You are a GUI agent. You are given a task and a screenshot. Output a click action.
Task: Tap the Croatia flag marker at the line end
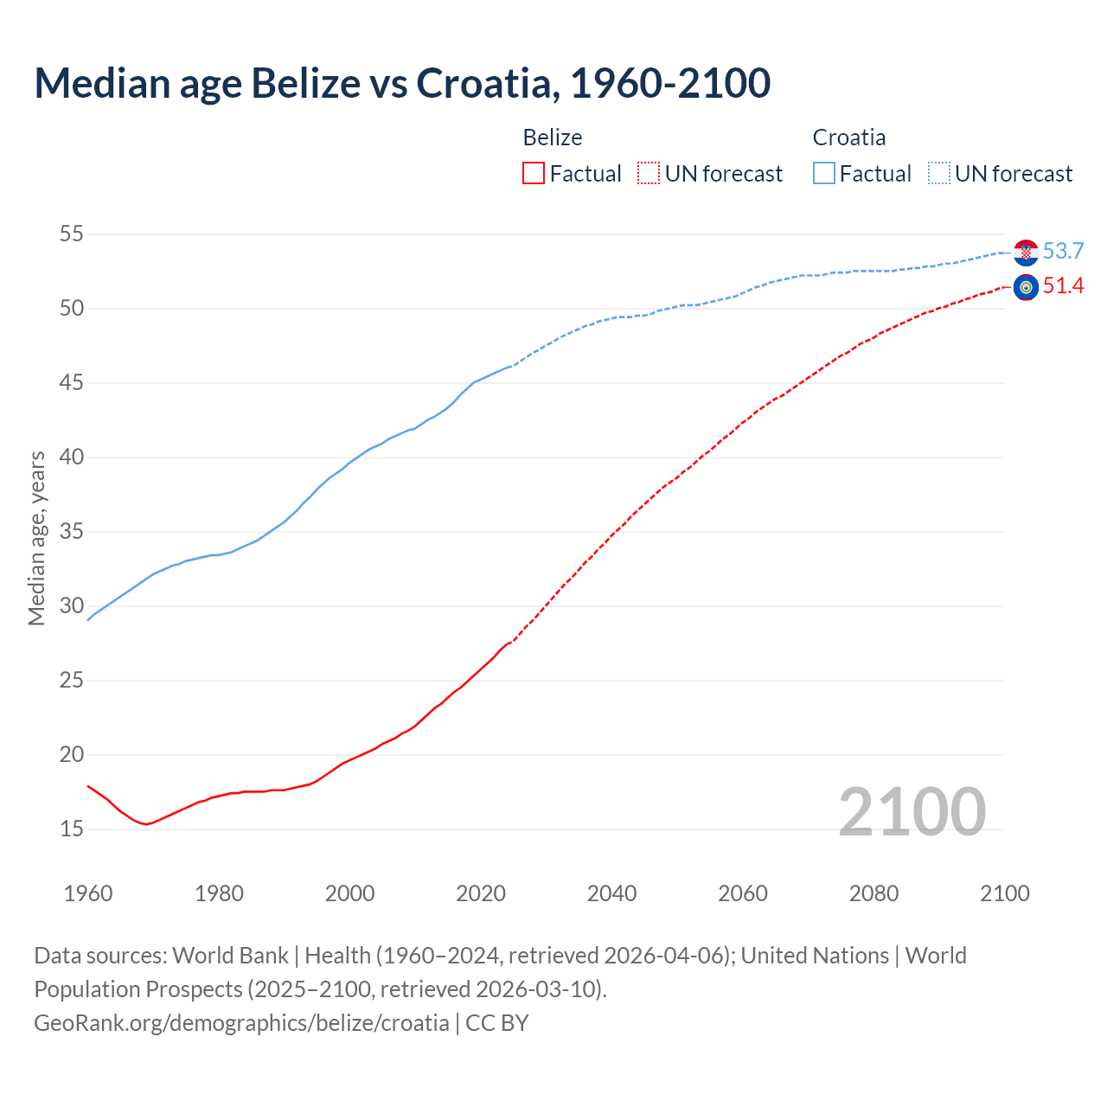point(1026,252)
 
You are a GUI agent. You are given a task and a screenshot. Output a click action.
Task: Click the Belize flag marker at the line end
point(1026,287)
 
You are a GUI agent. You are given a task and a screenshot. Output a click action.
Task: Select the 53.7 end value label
point(1063,252)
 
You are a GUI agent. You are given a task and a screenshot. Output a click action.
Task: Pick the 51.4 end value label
point(1063,286)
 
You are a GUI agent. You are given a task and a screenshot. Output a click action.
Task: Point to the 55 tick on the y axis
point(72,234)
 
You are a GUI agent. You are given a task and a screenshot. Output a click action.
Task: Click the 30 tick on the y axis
point(72,605)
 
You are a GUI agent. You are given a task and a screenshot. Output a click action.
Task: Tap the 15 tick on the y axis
point(72,829)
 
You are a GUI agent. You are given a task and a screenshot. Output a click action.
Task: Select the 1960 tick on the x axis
point(88,893)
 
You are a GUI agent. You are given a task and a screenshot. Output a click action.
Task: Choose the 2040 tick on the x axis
point(611,893)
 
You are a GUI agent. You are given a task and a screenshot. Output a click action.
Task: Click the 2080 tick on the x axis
point(873,893)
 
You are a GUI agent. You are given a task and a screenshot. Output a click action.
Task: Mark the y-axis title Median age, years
point(36,538)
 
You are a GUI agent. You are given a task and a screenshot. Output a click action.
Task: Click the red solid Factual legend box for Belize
point(534,174)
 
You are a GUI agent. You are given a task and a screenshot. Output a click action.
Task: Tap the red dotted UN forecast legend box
point(649,174)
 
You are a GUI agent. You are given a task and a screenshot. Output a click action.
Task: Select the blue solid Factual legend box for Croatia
point(824,174)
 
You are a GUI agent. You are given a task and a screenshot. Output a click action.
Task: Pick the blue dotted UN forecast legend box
point(939,174)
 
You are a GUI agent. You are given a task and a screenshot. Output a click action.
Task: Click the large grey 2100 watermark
point(912,811)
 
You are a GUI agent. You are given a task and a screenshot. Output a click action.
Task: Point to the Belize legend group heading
point(553,138)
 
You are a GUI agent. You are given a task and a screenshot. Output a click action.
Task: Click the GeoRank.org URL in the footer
point(241,1023)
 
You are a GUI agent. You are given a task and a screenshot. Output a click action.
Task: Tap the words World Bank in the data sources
point(230,956)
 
